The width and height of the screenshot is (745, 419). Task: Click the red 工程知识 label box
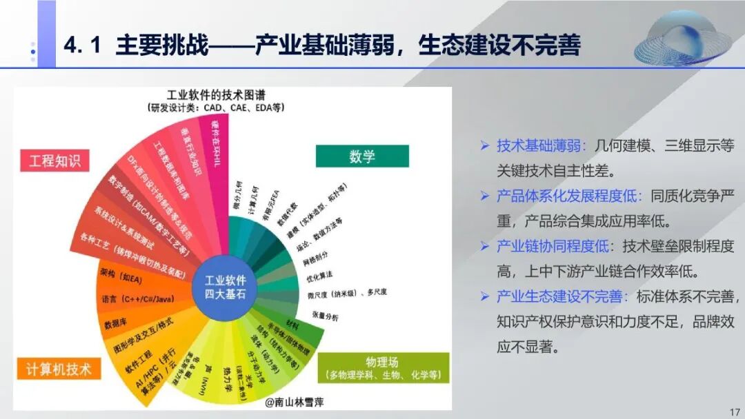click(x=54, y=161)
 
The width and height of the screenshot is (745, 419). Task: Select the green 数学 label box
click(x=361, y=156)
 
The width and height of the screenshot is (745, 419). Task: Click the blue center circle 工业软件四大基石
click(x=230, y=287)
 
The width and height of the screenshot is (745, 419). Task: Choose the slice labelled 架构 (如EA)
click(x=125, y=277)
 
